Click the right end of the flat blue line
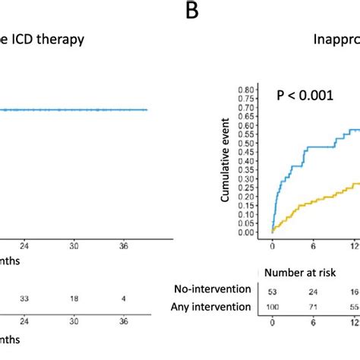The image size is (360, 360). click(147, 110)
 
